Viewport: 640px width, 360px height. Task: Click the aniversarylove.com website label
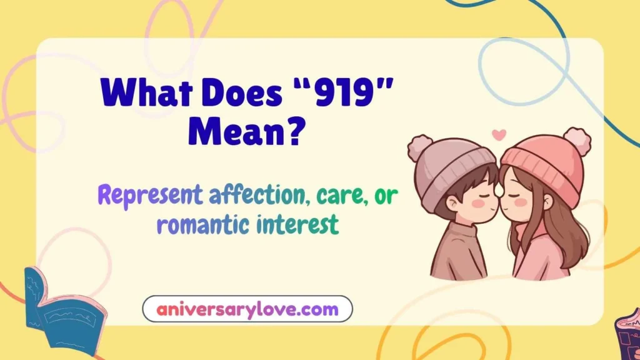[247, 309]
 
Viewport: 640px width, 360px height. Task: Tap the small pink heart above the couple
[498, 134]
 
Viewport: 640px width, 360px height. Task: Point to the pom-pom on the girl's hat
[576, 141]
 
